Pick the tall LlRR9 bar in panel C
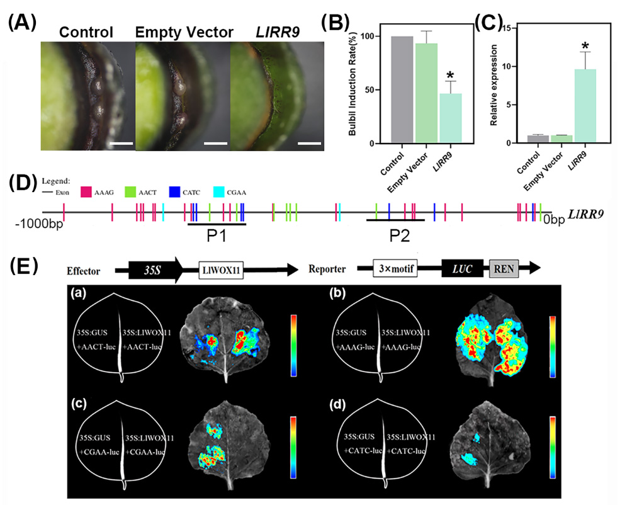pyautogui.click(x=583, y=106)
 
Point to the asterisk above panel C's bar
pyautogui.click(x=585, y=47)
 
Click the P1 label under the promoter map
pyautogui.click(x=217, y=237)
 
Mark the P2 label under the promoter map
pyautogui.click(x=398, y=237)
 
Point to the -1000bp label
pyautogui.click(x=40, y=222)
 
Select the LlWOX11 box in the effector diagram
pyautogui.click(x=220, y=270)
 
